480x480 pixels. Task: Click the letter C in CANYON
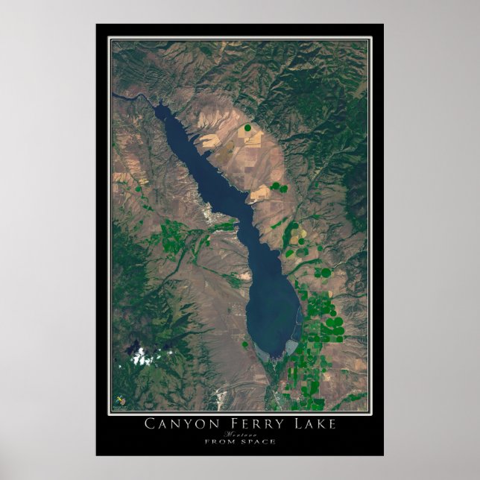(148, 425)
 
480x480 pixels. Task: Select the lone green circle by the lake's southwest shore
(244, 344)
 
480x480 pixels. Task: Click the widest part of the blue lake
(272, 313)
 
